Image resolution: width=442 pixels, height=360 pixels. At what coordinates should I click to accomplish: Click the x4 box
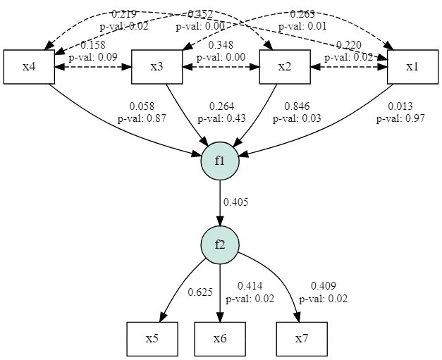click(x=29, y=67)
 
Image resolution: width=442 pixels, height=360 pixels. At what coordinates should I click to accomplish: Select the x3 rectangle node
click(x=157, y=67)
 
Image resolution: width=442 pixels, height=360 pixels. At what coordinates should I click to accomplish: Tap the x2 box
click(x=285, y=67)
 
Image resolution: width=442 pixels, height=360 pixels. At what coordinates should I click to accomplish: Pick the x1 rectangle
click(x=412, y=67)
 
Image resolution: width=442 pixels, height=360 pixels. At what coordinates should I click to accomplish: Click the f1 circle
click(x=221, y=161)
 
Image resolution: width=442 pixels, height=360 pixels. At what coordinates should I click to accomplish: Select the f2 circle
click(x=221, y=244)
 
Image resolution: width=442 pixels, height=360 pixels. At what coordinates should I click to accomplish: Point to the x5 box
click(x=152, y=339)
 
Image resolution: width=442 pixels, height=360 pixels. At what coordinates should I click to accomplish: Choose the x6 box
click(x=221, y=339)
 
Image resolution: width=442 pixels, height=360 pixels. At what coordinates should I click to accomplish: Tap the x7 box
click(x=302, y=339)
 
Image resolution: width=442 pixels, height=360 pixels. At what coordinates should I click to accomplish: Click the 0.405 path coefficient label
click(x=236, y=202)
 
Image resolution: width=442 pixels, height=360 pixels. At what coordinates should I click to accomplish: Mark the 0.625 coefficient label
click(x=200, y=292)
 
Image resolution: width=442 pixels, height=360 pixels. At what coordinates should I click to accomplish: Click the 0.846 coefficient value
click(x=297, y=106)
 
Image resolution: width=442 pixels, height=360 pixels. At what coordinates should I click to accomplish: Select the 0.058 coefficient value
click(x=142, y=106)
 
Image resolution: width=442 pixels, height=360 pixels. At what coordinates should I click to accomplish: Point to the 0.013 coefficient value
click(x=400, y=106)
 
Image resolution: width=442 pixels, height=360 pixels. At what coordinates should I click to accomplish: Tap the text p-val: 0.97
click(x=400, y=118)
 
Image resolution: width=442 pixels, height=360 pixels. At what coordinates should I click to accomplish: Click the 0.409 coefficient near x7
click(x=323, y=286)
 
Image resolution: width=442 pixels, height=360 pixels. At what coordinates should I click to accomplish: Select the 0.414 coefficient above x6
click(x=250, y=286)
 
